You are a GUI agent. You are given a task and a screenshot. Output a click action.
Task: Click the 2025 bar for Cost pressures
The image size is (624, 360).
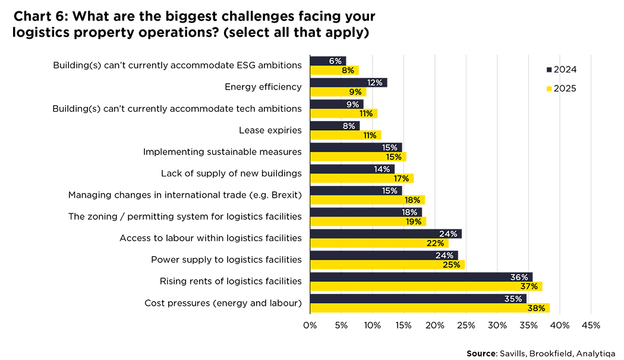point(429,308)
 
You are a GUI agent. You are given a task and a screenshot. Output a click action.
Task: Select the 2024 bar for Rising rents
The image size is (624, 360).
point(421,277)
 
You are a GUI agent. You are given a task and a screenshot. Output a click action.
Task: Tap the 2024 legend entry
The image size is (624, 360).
point(561,70)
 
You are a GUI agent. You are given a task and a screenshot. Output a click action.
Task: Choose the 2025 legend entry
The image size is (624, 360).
point(561,89)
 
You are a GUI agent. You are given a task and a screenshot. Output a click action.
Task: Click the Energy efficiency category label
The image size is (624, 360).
point(263,87)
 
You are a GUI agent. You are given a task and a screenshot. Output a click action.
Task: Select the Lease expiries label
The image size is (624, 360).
point(270,130)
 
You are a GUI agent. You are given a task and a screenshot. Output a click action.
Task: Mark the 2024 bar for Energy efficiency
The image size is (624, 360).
point(348,83)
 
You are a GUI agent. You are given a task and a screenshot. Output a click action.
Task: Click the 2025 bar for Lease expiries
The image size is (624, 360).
point(345,135)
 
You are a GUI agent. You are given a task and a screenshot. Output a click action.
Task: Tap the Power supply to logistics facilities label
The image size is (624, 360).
point(226,260)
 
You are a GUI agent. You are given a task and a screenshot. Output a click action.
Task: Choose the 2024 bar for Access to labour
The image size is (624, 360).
point(385,233)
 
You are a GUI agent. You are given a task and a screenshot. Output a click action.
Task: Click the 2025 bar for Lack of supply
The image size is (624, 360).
point(361,178)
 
